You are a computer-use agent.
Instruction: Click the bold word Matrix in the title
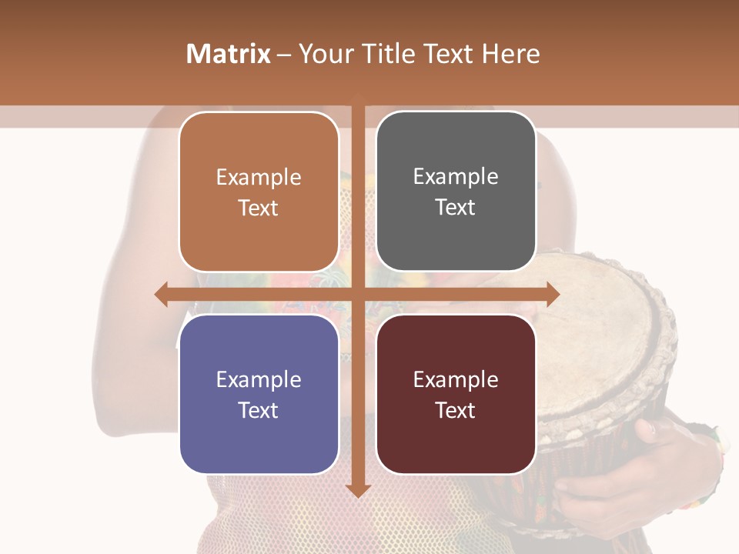click(229, 54)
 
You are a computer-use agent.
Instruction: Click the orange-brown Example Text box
click(259, 192)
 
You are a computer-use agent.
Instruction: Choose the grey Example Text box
click(456, 191)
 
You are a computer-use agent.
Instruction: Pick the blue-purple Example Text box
click(259, 394)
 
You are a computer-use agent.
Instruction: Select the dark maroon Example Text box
click(456, 394)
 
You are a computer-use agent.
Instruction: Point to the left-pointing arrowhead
click(161, 295)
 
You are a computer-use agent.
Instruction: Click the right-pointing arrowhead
click(553, 295)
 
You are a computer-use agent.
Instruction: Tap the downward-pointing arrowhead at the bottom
click(358, 490)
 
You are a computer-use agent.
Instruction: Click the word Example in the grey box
click(456, 177)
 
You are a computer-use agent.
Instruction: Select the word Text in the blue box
click(259, 410)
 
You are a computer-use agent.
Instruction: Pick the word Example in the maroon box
click(456, 379)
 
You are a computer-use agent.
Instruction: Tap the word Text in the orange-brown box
click(259, 208)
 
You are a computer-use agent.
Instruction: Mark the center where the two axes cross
click(358, 295)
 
